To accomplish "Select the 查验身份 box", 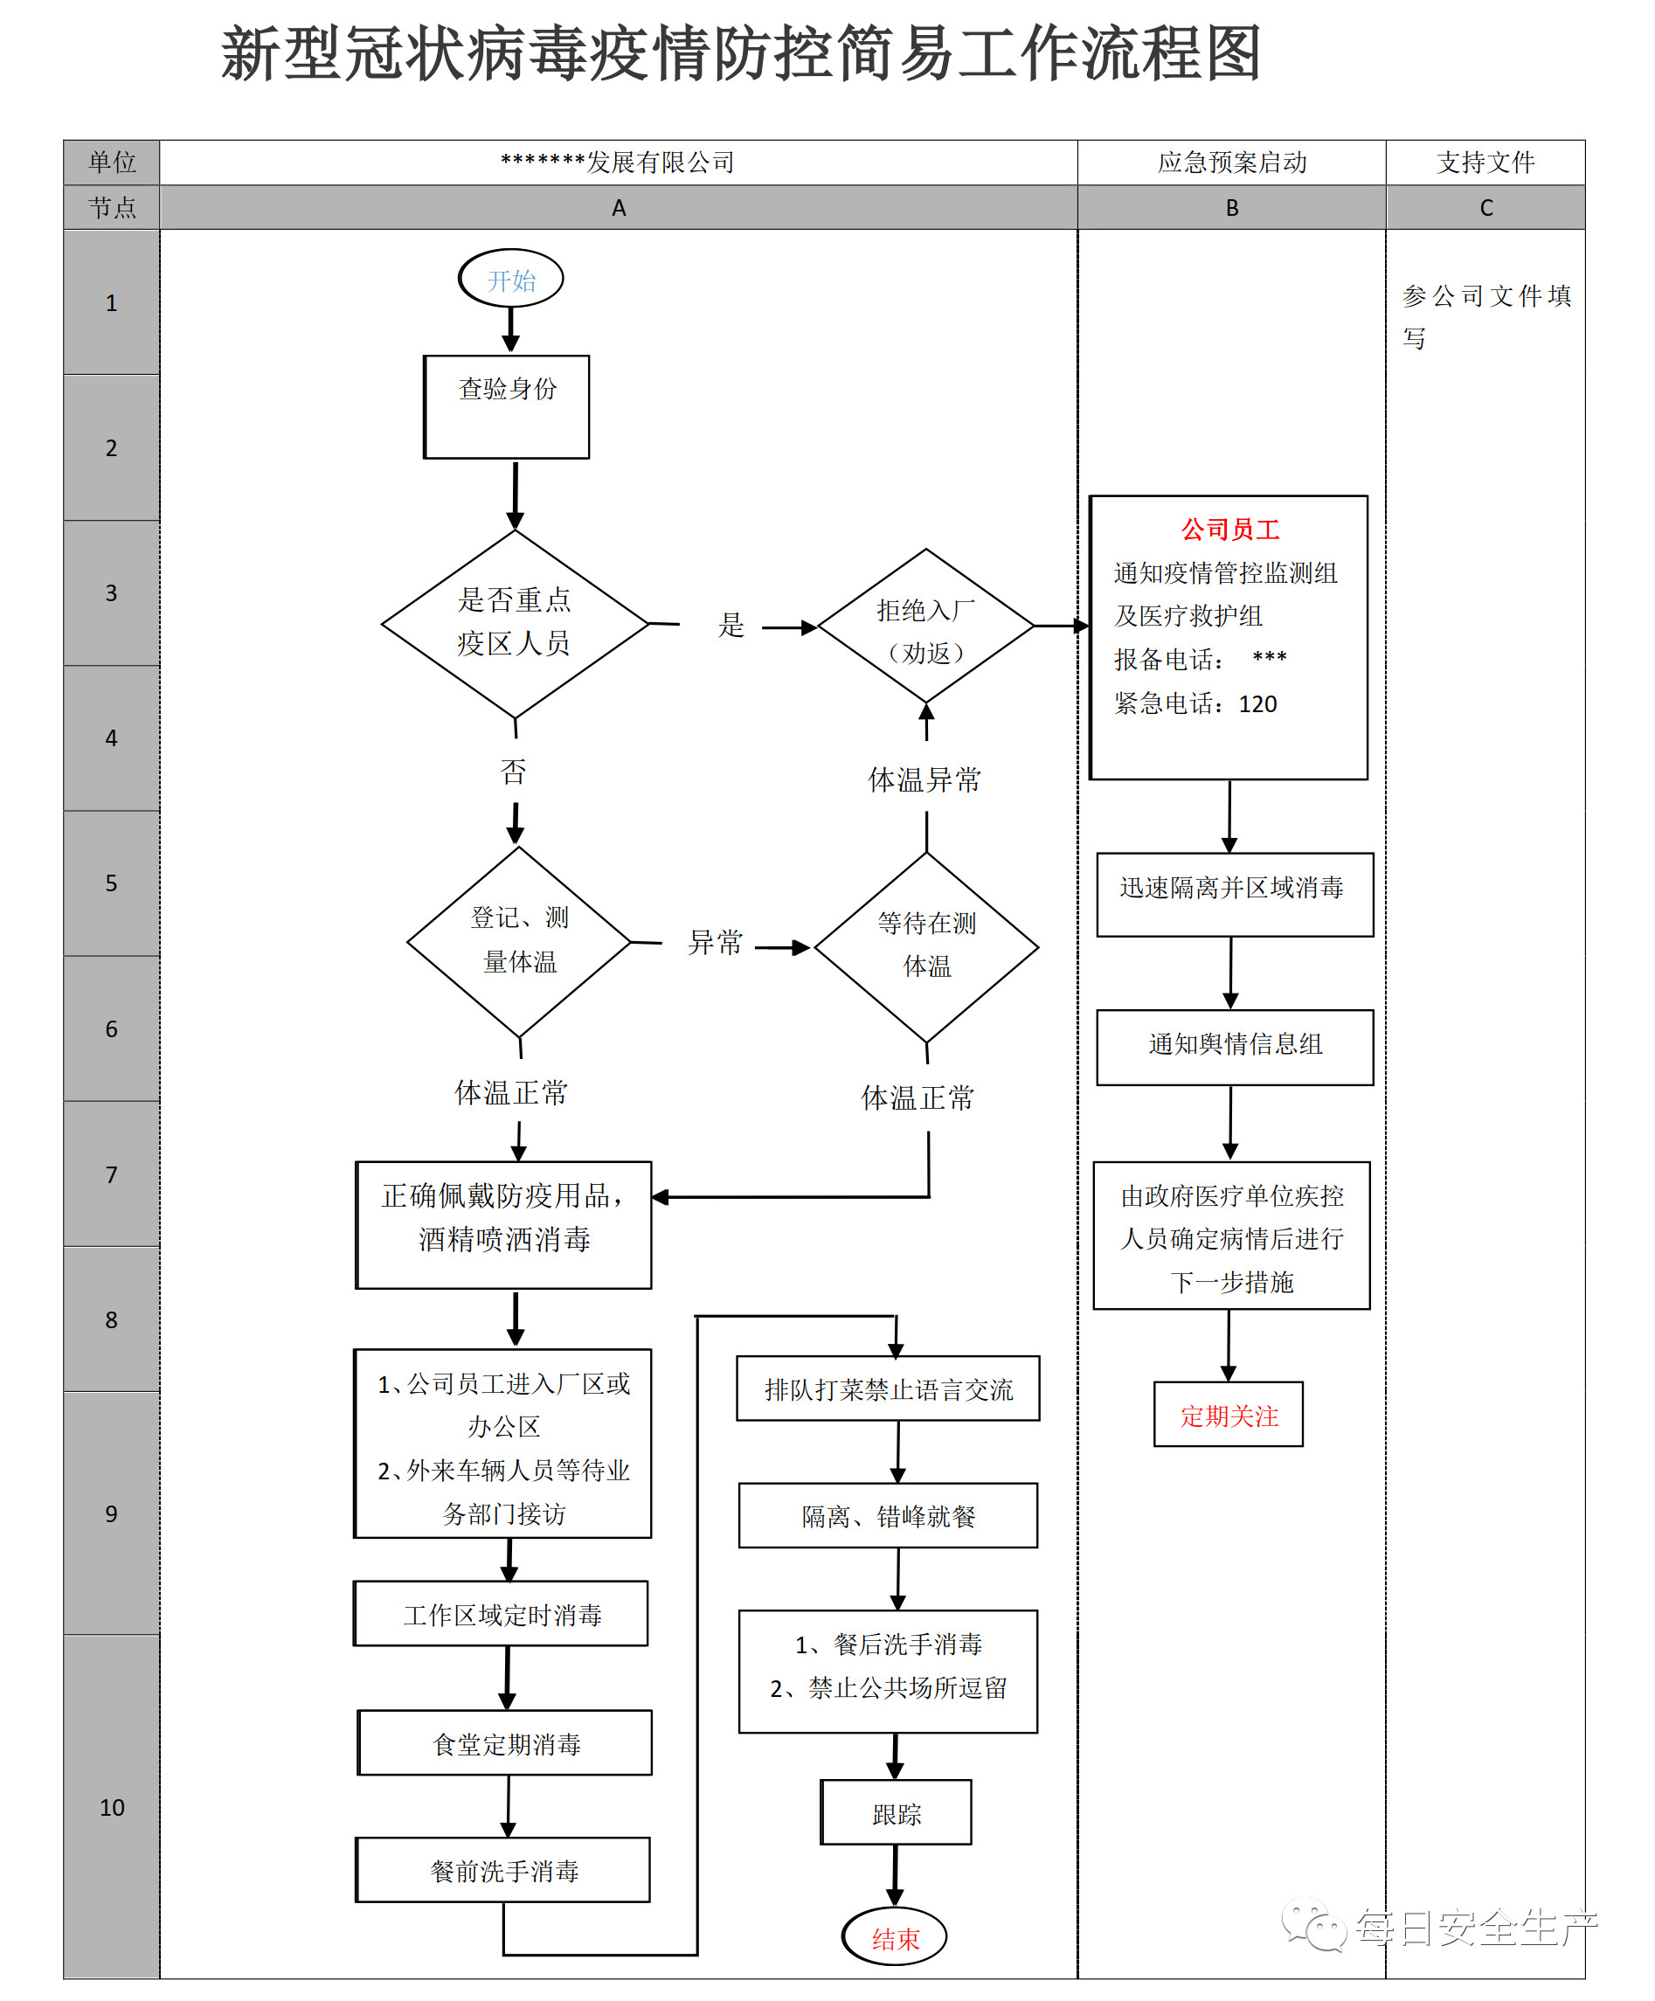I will tap(507, 407).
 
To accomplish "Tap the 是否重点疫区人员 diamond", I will tap(515, 623).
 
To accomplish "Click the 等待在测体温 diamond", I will tap(926, 946).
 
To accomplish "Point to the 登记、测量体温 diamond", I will tap(519, 941).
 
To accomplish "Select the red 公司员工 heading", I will tap(1230, 530).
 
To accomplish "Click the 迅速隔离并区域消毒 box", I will tap(1234, 894).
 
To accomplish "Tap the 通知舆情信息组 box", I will tap(1235, 1046).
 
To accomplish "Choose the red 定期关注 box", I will tap(1229, 1415).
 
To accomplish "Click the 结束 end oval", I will tap(895, 1936).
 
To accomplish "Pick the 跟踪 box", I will tap(896, 1812).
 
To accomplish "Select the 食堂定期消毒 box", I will tap(505, 1742).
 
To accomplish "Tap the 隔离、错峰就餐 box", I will tap(888, 1516).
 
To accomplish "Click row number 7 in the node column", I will tap(112, 1175).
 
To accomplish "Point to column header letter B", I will tap(1232, 208).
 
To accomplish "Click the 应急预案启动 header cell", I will tap(1232, 163).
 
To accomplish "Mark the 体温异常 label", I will tap(924, 779).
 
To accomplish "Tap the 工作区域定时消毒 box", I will tap(502, 1614).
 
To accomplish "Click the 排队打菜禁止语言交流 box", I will tap(888, 1389).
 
